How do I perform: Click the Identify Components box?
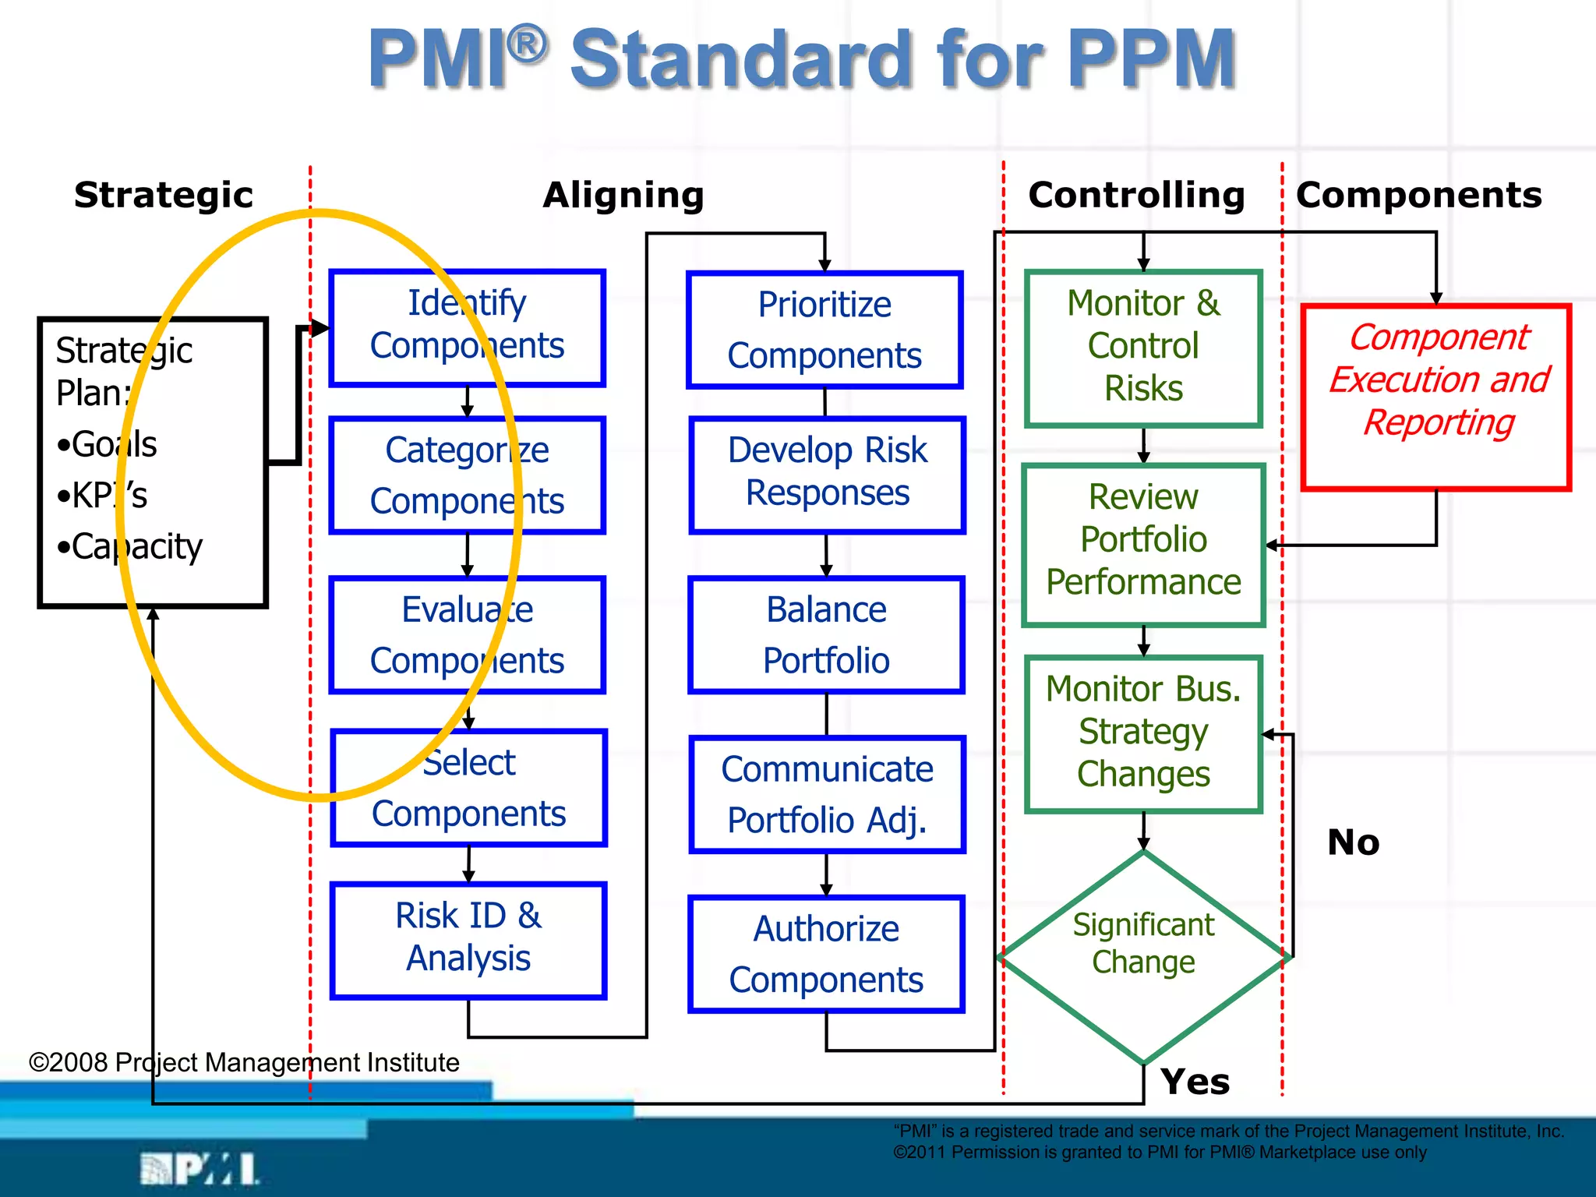(467, 327)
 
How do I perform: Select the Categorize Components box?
(467, 475)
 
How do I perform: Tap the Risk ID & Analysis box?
(468, 939)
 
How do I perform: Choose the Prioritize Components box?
(824, 330)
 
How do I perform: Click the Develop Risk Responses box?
(827, 474)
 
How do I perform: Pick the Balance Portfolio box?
(826, 634)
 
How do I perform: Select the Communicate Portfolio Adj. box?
(827, 794)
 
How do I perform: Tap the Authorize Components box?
(826, 954)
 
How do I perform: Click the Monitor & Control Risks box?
(1143, 348)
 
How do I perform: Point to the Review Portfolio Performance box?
(1143, 544)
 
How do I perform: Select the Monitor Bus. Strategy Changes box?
(1143, 733)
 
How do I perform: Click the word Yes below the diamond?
(1195, 1082)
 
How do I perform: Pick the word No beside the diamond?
(1353, 842)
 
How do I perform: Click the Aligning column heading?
(623, 195)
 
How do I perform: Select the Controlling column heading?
(1136, 195)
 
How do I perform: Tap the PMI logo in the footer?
(199, 1170)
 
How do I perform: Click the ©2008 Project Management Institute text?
(243, 1063)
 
